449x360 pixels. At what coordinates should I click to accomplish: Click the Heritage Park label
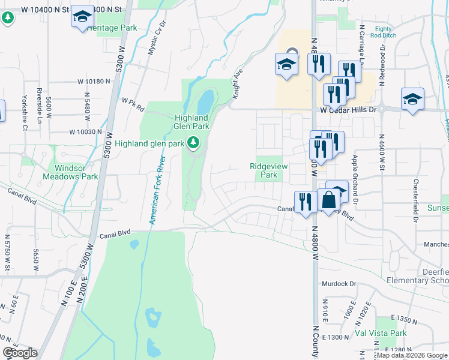[112, 28]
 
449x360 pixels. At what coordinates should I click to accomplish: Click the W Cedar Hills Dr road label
[348, 110]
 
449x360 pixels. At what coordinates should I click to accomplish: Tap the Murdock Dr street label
[339, 284]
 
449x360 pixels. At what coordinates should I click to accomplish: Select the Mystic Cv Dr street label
[157, 41]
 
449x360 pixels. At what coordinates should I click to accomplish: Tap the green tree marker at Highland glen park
[193, 143]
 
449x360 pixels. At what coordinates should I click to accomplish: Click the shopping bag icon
[328, 200]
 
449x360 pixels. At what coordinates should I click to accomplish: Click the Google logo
[20, 353]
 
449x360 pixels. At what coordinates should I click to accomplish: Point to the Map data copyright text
[412, 356]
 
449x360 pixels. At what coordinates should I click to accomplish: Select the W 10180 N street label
[94, 81]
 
